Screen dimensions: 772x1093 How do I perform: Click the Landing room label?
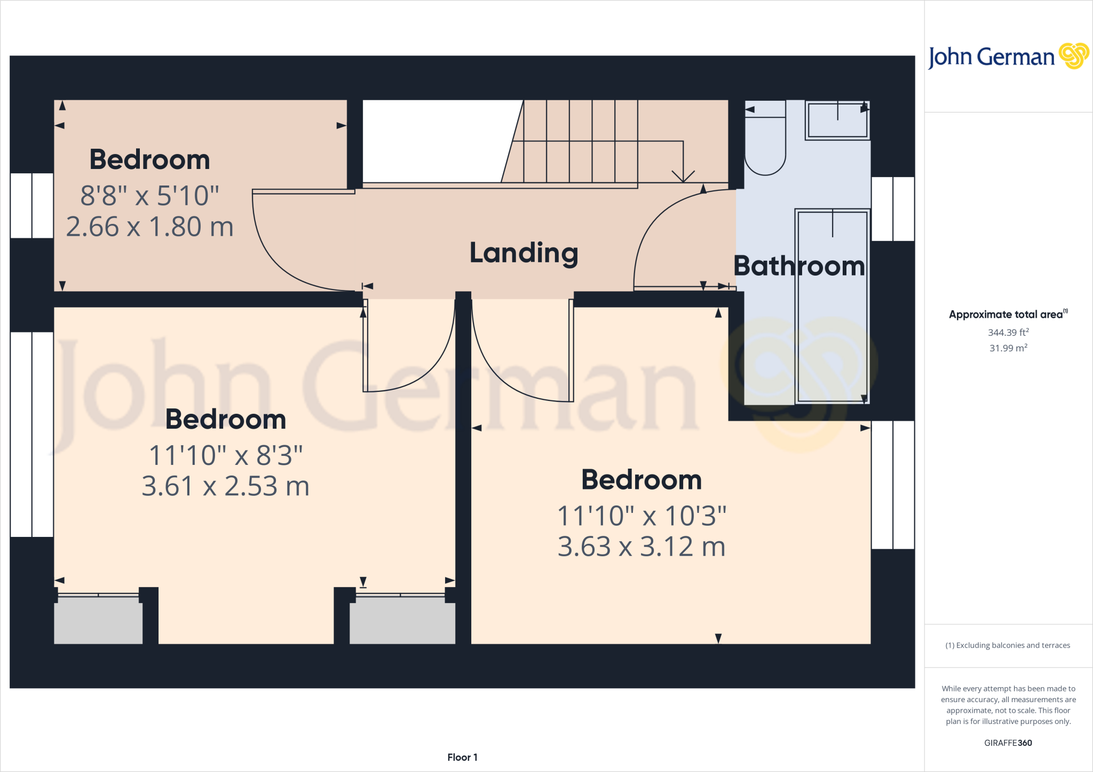524,253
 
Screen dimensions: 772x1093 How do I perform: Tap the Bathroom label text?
799,266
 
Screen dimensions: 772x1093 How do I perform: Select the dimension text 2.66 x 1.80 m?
150,227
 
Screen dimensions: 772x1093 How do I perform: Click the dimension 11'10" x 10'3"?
641,516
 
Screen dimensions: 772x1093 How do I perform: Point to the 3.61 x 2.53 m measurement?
225,486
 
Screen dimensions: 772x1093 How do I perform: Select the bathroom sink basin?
837,120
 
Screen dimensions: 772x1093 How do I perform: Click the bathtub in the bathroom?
832,307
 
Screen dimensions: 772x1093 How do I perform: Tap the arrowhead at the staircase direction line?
683,176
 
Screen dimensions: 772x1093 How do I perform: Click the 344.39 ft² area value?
1008,333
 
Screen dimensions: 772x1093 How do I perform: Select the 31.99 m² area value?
1008,348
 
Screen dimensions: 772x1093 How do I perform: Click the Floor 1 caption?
462,757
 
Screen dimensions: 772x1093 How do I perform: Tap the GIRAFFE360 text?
1008,743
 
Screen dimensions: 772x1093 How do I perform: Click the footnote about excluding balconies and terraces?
1008,646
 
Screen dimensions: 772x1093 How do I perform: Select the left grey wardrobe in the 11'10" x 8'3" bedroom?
98,620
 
